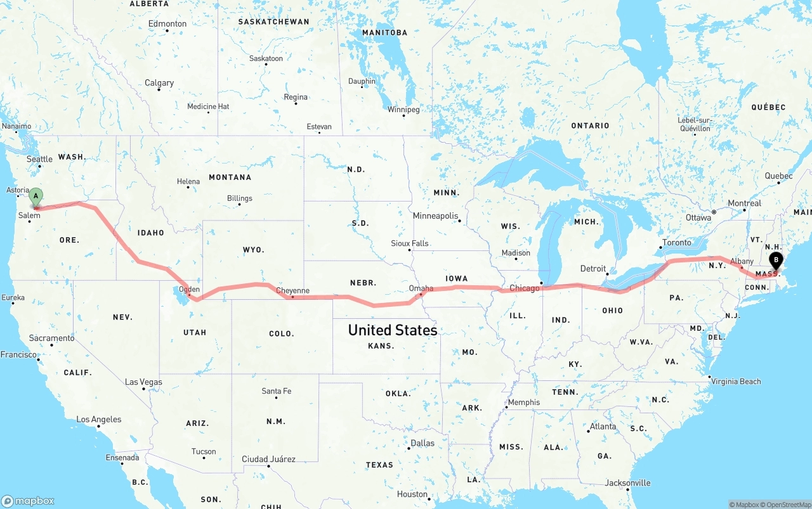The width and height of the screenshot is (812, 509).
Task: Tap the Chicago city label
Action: tap(524, 288)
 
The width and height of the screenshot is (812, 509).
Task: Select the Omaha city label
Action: tap(421, 288)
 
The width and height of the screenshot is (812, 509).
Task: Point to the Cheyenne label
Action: tap(292, 291)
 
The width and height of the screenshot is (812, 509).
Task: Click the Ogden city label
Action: tap(189, 290)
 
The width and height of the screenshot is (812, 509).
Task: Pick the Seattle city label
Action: tap(39, 159)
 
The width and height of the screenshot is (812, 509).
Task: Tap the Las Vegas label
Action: tap(143, 382)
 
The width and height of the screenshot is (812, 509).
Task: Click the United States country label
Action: tap(392, 330)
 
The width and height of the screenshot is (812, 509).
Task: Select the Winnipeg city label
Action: tap(403, 110)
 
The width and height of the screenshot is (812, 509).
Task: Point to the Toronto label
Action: tap(676, 243)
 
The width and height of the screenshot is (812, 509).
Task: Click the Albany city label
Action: tap(742, 261)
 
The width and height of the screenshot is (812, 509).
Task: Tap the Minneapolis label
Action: tap(435, 216)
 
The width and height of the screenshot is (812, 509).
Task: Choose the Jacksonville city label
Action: tap(627, 483)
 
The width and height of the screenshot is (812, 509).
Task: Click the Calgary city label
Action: tap(159, 83)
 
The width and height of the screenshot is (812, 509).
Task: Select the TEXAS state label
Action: tap(379, 465)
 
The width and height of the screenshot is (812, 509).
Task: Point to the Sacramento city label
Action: tap(51, 338)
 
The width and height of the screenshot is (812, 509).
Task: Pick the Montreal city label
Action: tap(744, 203)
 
